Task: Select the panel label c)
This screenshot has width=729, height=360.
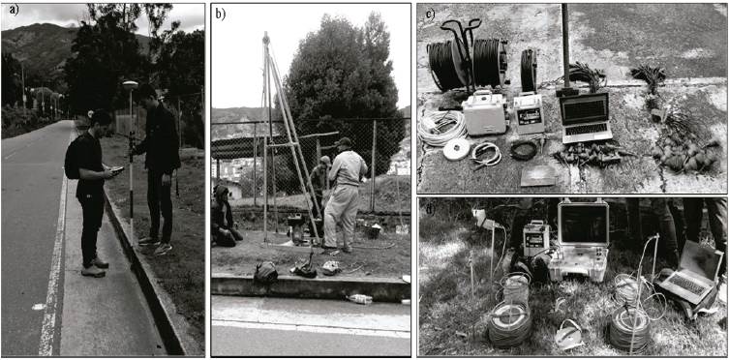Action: click(x=430, y=13)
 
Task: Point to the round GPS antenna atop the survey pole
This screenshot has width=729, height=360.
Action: click(x=130, y=84)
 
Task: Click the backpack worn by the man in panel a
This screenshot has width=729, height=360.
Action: click(x=72, y=157)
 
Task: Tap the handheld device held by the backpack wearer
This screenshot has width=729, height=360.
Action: click(x=117, y=171)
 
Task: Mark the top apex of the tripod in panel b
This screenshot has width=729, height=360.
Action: click(x=266, y=35)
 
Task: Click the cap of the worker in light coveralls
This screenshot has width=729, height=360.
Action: click(x=344, y=141)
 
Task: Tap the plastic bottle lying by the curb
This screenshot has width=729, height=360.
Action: click(x=360, y=299)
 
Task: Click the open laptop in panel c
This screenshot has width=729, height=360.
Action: click(x=586, y=116)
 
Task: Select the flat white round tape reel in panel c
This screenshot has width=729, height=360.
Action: click(x=456, y=150)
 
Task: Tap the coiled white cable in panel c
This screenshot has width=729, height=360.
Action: click(x=440, y=128)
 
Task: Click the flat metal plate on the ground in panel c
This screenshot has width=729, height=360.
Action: click(x=539, y=175)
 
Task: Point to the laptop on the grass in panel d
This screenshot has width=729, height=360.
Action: click(x=688, y=275)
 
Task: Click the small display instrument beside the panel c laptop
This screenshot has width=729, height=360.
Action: click(x=529, y=113)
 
